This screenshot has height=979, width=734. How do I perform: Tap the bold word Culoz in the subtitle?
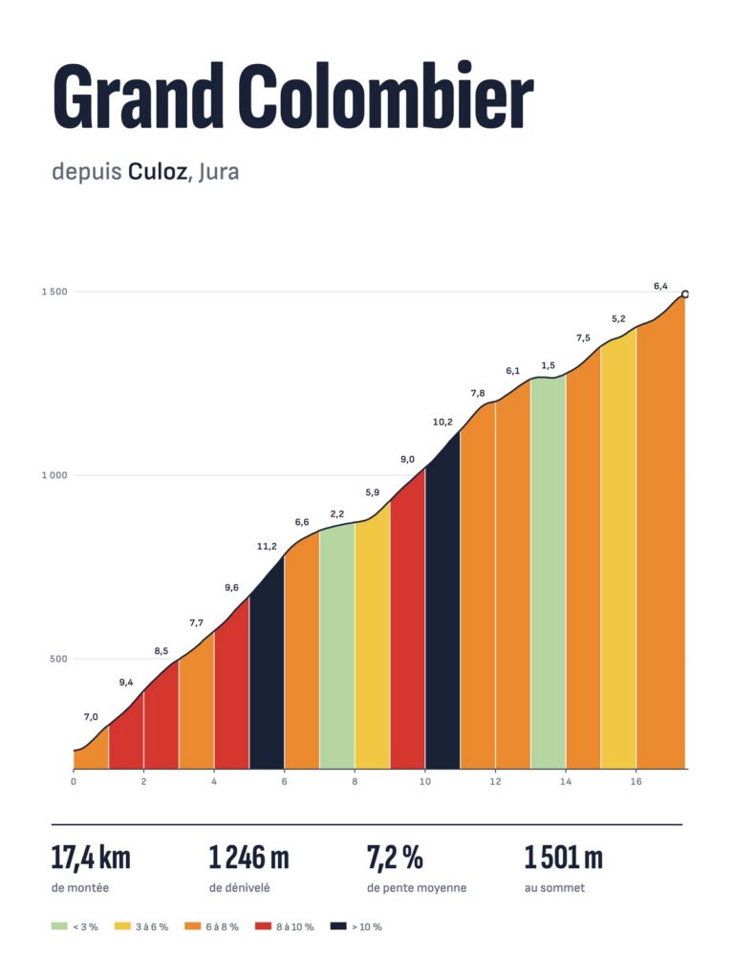coord(158,171)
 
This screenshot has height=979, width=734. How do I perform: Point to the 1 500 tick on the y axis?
coord(54,292)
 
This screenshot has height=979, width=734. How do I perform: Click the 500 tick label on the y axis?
coord(58,659)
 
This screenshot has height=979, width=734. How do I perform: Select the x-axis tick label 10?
coord(425,782)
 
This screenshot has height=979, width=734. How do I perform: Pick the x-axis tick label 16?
coord(636,782)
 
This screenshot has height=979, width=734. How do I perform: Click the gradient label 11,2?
coord(267,546)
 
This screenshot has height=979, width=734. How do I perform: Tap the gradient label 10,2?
coord(443,422)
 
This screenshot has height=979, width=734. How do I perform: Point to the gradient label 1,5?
coord(548,365)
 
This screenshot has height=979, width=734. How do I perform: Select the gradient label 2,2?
coord(337,513)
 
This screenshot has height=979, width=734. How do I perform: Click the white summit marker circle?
coord(684,294)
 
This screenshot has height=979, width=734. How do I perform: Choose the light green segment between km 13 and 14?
coord(548,574)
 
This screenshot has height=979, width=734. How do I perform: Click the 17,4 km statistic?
coord(91,858)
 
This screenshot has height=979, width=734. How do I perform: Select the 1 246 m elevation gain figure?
coord(249,858)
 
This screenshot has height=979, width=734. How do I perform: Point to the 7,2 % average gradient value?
coord(395,858)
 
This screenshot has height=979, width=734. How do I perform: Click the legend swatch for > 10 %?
coord(338,926)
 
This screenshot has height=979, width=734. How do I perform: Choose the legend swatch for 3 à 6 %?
coord(122,926)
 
